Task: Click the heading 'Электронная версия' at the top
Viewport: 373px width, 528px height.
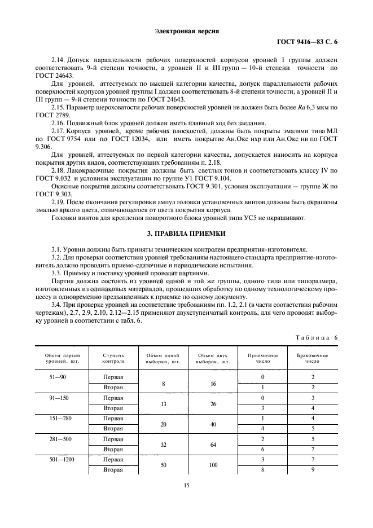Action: pos(186,30)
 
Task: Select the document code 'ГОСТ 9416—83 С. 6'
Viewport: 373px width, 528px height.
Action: pos(309,42)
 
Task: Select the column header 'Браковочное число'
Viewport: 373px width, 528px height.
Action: pos(313,358)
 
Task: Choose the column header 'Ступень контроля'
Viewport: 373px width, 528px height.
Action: pos(113,358)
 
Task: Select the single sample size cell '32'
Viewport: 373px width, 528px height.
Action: pos(163,444)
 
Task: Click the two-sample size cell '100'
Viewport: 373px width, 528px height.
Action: pos(213,465)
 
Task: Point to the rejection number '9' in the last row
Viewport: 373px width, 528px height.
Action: pos(313,469)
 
